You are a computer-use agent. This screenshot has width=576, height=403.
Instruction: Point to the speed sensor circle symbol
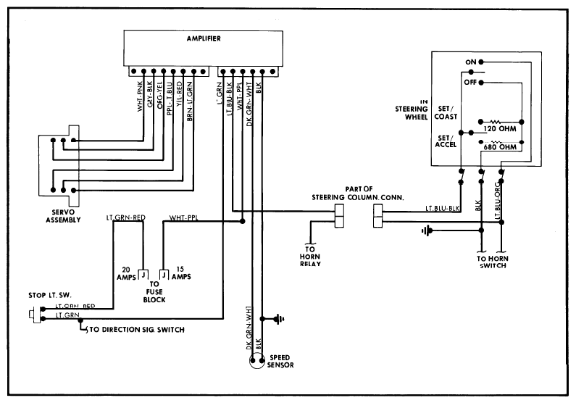[x=254, y=363]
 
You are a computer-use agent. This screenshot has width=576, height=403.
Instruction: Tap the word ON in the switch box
[x=469, y=62]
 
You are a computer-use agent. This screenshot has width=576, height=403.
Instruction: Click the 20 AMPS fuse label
[x=129, y=272]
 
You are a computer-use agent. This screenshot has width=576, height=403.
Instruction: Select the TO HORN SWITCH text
[x=491, y=262]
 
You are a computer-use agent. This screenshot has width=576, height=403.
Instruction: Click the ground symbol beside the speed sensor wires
[x=278, y=319]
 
